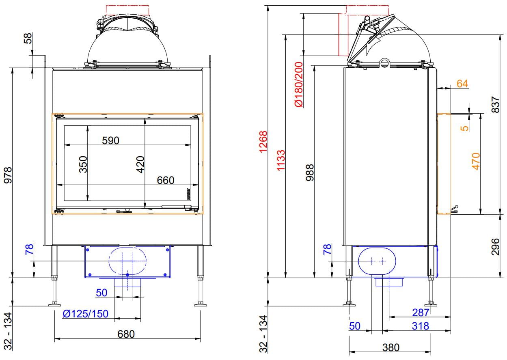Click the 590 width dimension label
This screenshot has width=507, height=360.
110,140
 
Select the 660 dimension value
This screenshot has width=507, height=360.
166,180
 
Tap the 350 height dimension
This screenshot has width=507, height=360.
83,164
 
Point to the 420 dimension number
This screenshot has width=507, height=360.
140,164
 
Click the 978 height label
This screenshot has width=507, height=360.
8,175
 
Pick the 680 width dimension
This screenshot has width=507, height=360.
126,334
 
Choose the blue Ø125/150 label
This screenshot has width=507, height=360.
85,314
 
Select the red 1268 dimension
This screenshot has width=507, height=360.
263,142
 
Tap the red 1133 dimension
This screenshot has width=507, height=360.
281,160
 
